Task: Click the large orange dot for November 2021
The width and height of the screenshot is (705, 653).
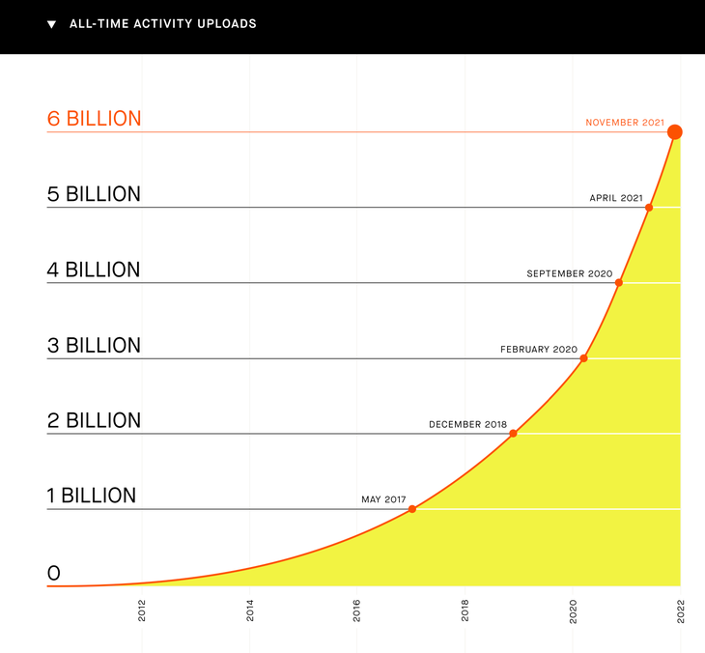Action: pos(674,132)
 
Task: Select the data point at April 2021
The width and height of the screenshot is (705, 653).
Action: pos(649,208)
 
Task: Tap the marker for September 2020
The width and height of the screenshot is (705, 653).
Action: pos(619,283)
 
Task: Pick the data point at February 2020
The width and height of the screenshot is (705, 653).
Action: pos(583,358)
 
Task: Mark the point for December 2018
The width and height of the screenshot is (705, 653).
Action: pos(513,434)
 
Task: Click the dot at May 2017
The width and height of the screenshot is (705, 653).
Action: pos(412,509)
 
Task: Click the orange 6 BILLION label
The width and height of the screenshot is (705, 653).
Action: pos(94,119)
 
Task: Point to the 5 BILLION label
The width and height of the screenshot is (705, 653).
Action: pos(94,194)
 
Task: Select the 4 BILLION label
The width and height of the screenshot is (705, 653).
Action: pos(94,270)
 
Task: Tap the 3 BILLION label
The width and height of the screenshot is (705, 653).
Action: pos(94,346)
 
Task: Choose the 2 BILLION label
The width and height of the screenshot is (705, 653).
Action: pos(94,420)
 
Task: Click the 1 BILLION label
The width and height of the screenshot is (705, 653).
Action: pos(92,496)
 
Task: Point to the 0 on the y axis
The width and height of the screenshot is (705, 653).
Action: pos(53,574)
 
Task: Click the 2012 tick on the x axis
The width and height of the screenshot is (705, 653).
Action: pos(142,610)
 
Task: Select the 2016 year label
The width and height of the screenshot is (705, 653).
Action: pos(356,610)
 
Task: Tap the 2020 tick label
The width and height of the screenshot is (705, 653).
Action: pos(573,611)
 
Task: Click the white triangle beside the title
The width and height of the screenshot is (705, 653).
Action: pos(52,24)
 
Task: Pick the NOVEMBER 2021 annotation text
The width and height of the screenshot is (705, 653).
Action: pos(625,123)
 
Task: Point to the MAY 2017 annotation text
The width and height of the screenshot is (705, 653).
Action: pos(383,499)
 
